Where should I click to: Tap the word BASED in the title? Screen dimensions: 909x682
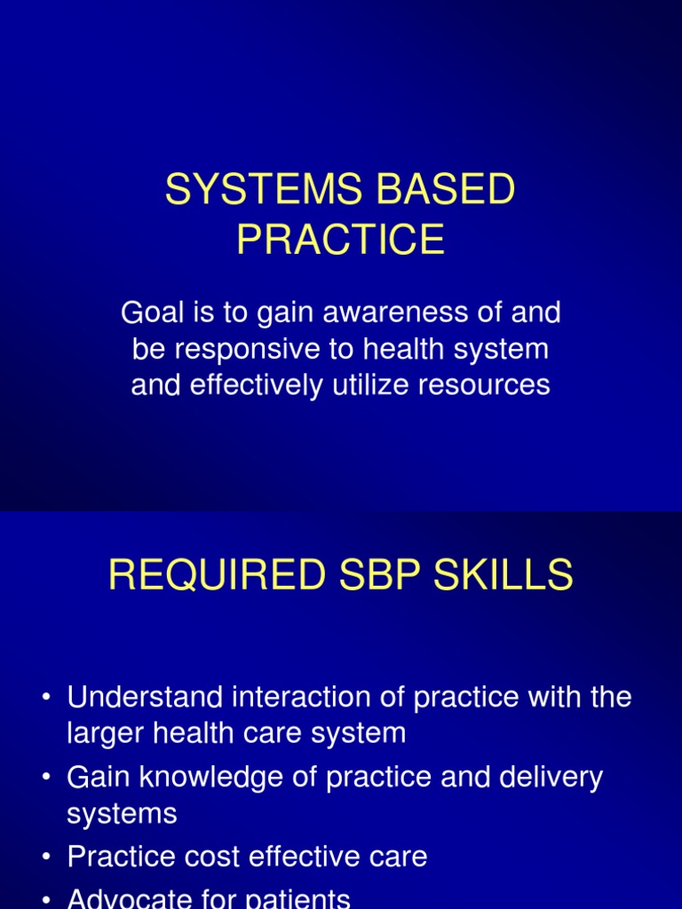[456, 190]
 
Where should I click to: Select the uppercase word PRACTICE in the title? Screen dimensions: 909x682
[341, 240]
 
